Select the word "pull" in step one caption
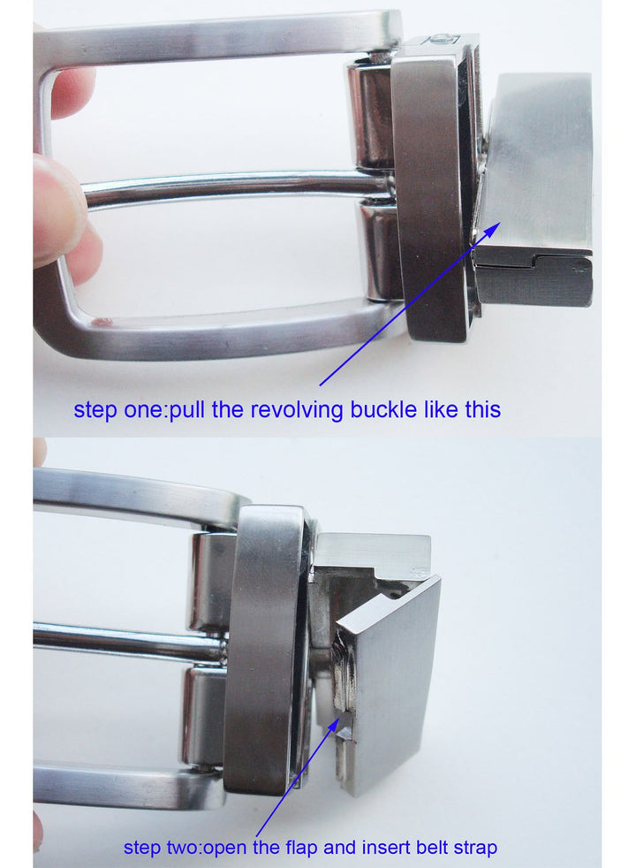[187, 411]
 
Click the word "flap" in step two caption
[302, 848]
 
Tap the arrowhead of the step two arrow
[334, 722]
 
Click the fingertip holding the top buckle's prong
[57, 203]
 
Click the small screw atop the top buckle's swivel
[441, 39]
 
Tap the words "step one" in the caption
[119, 410]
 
